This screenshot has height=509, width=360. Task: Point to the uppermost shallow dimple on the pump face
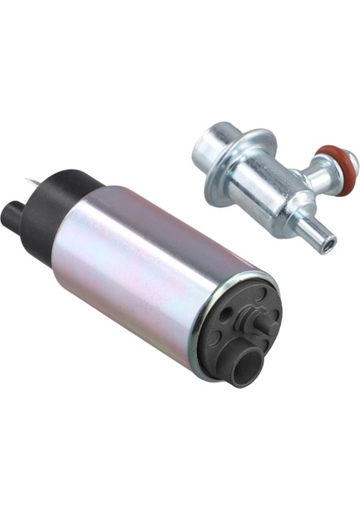point(259,294)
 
